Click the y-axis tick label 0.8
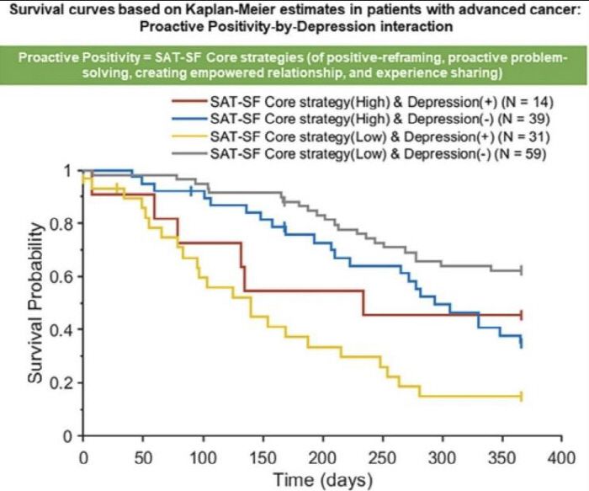point(62,224)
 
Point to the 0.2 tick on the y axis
point(62,384)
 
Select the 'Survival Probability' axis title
point(36,303)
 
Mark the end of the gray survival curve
point(523,270)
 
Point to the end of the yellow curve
point(523,396)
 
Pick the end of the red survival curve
point(523,315)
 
